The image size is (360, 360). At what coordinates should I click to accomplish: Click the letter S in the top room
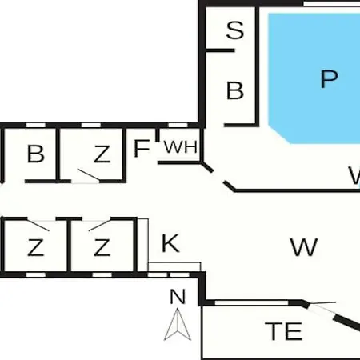pos(235,30)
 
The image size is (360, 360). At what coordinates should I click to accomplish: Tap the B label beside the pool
pos(235,90)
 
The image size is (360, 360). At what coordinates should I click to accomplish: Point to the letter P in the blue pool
pos(329,79)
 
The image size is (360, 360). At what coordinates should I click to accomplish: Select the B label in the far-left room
pos(35,154)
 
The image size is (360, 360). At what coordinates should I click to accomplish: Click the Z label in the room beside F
pos(102,154)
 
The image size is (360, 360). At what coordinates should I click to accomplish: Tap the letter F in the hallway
pos(142,148)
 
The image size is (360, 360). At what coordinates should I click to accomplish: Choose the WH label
pos(181,147)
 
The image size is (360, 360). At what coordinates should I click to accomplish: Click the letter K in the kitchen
pos(170,243)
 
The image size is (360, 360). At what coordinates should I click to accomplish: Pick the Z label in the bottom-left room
pos(35,247)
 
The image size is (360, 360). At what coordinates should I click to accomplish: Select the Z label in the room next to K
pos(102,247)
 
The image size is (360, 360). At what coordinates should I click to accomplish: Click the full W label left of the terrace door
pos(304,247)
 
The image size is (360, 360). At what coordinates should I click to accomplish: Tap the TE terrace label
pos(283,331)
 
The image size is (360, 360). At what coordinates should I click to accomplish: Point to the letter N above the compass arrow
pos(178,296)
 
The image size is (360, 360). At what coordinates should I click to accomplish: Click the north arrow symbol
pos(178,324)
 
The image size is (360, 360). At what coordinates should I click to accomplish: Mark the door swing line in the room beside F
pos(89,174)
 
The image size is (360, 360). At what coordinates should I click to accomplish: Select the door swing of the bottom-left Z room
pos(38,226)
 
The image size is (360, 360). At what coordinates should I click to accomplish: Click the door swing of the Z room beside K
pos(100,226)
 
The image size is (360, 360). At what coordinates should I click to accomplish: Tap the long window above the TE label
pos(251,302)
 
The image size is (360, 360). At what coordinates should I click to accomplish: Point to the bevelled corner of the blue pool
pos(279,134)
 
